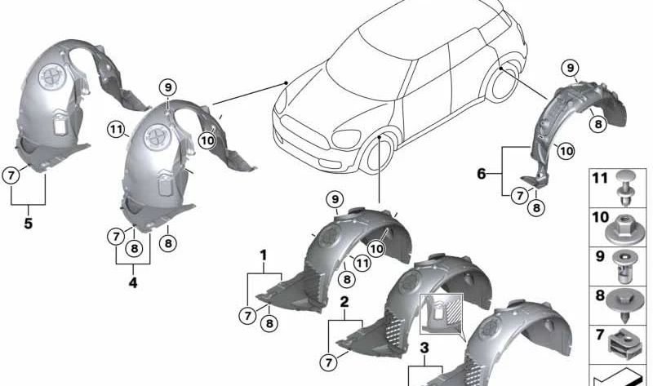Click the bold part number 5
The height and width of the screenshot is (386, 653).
coord(28,223)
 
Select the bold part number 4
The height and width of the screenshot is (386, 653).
coord(133,282)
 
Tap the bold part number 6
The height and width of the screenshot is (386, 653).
coord(482,173)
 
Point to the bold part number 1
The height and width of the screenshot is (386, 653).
coord(263,255)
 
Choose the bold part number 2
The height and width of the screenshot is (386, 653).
coord(344,302)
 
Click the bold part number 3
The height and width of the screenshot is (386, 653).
coord(424,348)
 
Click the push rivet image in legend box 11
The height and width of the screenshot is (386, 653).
coord(623,188)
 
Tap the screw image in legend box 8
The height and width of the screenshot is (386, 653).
coord(623,306)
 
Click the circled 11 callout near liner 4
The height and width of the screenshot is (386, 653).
coord(115,130)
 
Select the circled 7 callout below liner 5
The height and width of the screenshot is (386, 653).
coord(11,175)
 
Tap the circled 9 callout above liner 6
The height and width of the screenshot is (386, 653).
coord(570,68)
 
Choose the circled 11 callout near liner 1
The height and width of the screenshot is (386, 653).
coord(362,263)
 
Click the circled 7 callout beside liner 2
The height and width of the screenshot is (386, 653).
coord(329,362)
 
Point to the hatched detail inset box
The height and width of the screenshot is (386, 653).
coord(442,314)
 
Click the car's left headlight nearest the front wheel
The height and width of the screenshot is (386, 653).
coord(346,139)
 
